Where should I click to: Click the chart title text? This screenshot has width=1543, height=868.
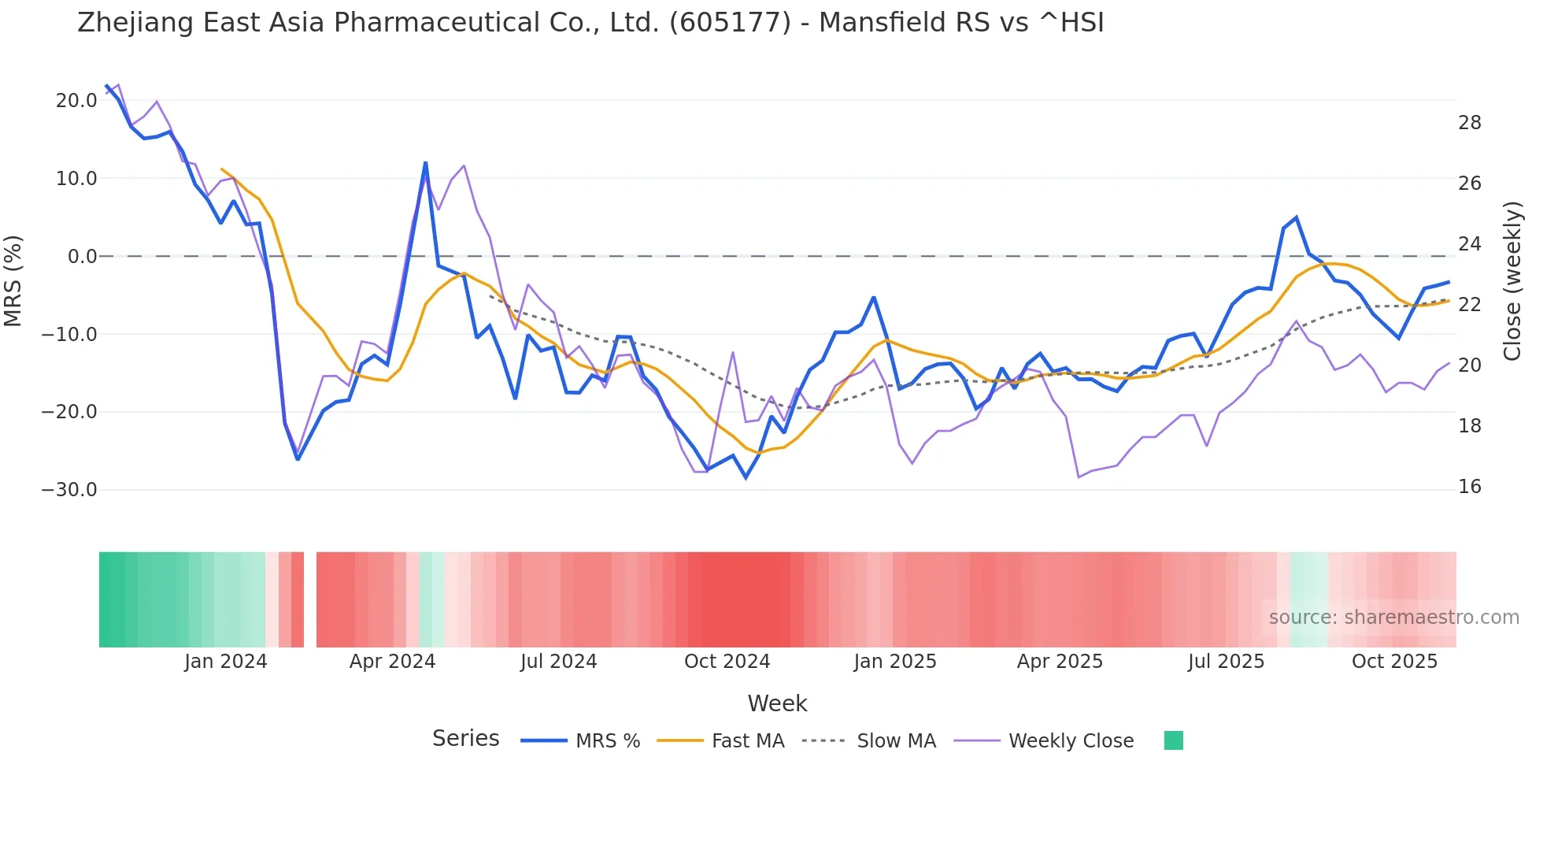tap(590, 23)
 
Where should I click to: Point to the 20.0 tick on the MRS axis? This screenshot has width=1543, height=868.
tap(76, 101)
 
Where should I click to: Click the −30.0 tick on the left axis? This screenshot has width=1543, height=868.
tap(69, 490)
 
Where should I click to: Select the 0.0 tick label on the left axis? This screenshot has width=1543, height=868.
tap(82, 257)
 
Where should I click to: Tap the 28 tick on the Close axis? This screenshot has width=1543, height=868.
tap(1469, 123)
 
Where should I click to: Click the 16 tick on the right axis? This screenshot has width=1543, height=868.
tap(1469, 487)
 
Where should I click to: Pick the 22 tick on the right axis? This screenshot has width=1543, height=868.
tap(1469, 305)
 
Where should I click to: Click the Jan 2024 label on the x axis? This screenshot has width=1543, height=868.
tap(226, 662)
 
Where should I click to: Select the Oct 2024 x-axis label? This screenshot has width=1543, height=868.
tap(727, 662)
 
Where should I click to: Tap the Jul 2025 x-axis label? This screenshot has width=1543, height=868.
tap(1226, 662)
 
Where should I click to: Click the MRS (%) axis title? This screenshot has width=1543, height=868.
tap(13, 281)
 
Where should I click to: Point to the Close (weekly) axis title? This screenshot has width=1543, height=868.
tap(1512, 281)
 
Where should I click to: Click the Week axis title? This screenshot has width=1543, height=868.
tap(777, 703)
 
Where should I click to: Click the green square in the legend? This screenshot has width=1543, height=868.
tap(1173, 741)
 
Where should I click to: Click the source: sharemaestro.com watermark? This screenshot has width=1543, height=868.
tap(1393, 618)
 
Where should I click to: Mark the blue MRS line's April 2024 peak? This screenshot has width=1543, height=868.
tap(426, 163)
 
